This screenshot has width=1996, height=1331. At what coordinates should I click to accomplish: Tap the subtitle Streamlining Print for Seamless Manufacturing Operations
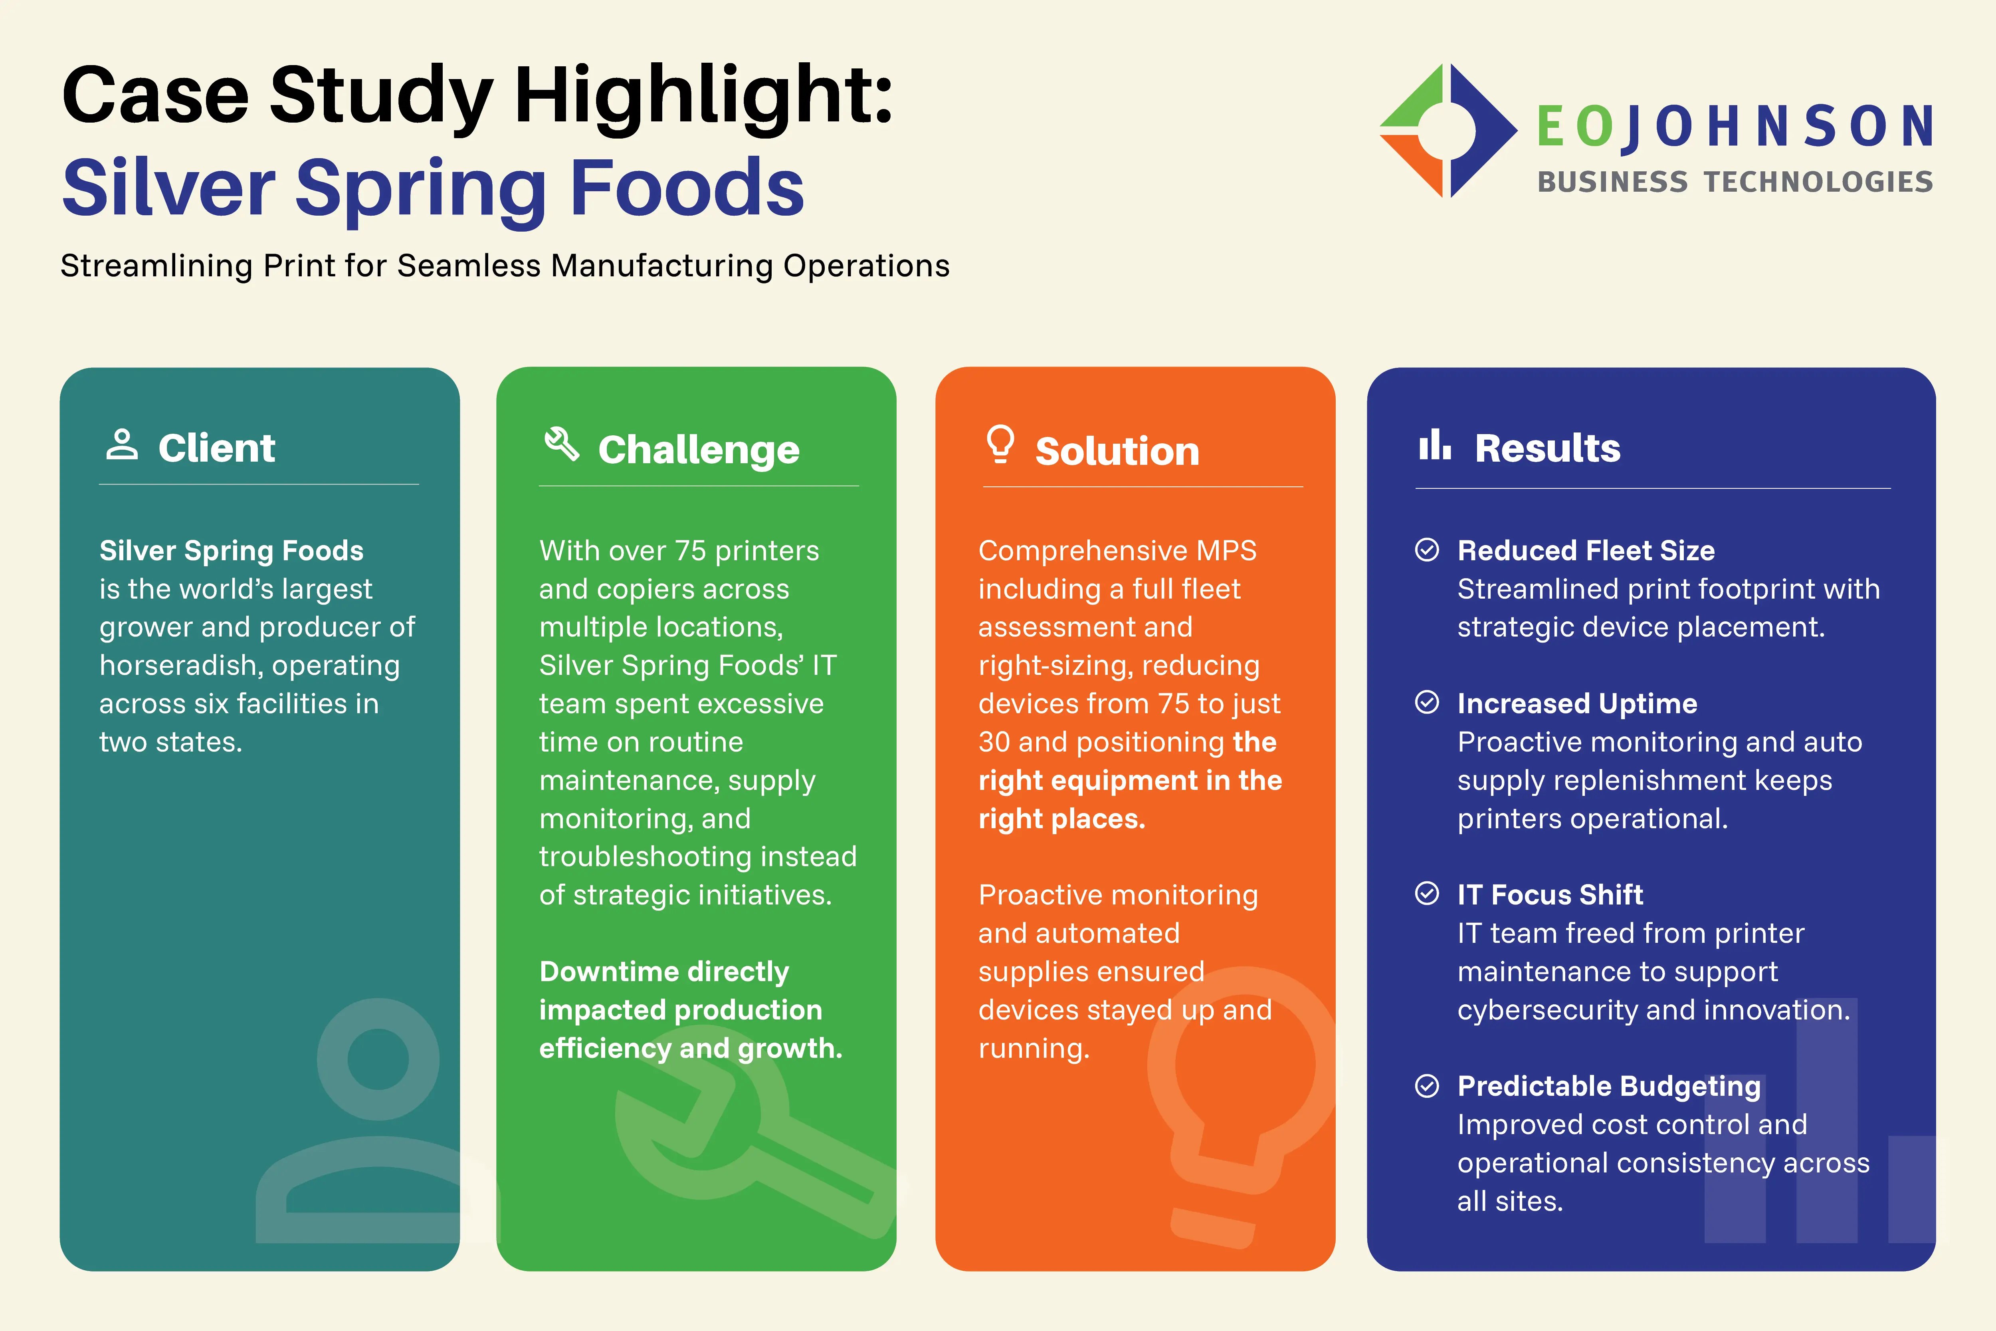pyautogui.click(x=505, y=266)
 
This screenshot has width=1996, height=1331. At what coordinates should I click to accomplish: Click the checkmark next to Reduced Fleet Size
pyautogui.click(x=1428, y=550)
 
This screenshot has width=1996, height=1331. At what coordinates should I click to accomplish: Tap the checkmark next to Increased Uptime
pyautogui.click(x=1428, y=703)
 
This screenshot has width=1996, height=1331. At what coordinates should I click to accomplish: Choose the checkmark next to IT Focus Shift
pyautogui.click(x=1428, y=894)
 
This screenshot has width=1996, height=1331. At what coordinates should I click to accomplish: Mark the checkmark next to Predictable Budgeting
pyautogui.click(x=1428, y=1086)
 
